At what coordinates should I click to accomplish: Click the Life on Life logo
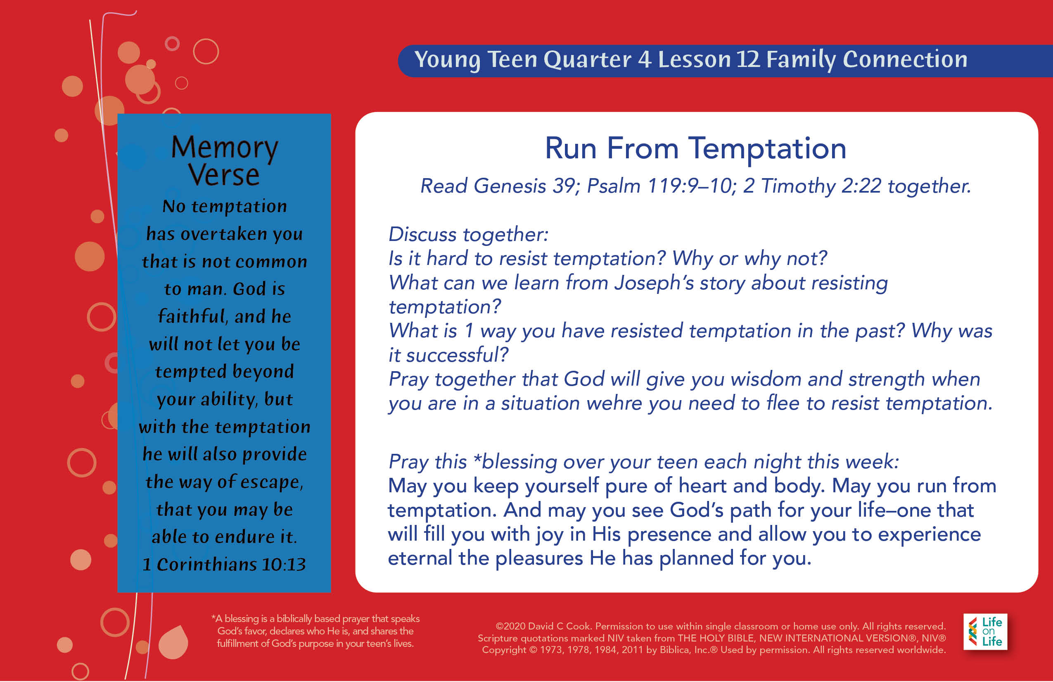point(985,632)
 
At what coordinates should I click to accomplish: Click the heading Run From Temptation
point(695,149)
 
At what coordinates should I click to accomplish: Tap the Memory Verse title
point(224,160)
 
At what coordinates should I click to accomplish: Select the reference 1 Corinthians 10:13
point(224,564)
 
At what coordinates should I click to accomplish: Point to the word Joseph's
point(655,284)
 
